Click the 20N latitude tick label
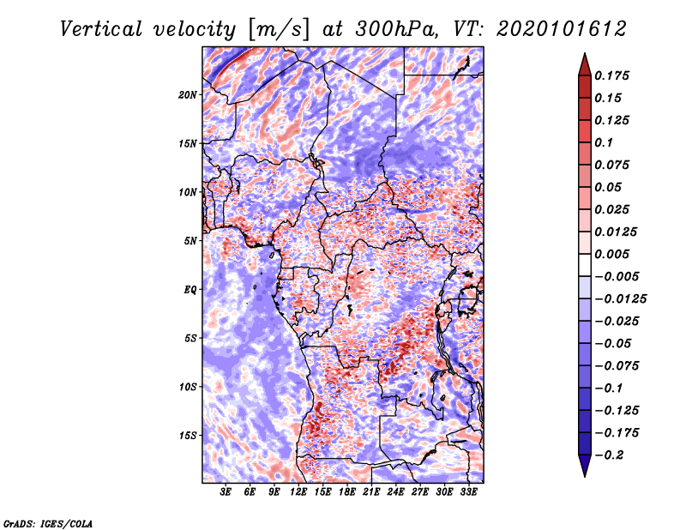188,95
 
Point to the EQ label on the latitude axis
190,290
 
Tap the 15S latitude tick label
188,436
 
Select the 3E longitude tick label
226,492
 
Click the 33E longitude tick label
468,492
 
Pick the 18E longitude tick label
347,492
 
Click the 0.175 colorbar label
612,75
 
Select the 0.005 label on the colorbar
612,254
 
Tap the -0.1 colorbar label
609,388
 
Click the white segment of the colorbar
585,265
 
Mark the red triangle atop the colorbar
585,64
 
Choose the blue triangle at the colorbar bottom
585,466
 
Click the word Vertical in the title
101,29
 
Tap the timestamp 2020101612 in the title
562,29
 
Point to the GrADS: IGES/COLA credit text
48,523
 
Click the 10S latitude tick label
188,388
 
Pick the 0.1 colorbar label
605,142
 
